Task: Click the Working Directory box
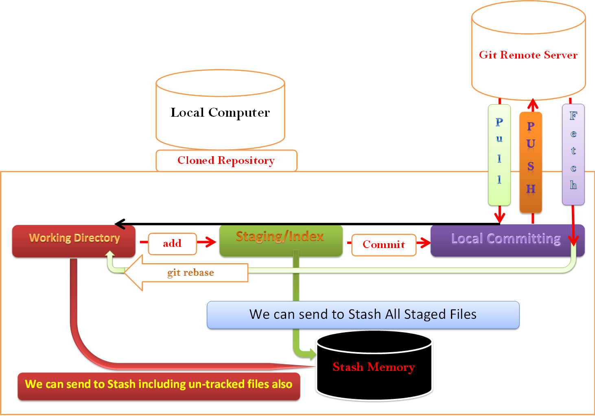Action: point(74,241)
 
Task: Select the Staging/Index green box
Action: point(280,240)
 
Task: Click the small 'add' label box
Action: point(172,244)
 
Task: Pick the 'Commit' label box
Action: point(383,245)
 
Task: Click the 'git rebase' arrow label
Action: point(190,272)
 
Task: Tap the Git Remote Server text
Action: point(528,55)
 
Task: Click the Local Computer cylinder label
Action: point(220,113)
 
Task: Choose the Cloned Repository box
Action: point(226,161)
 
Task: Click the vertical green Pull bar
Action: point(499,155)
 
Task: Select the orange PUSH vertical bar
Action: point(531,163)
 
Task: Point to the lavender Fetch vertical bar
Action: point(573,155)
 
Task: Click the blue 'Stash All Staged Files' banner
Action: point(363,315)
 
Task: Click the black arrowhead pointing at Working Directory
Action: point(119,224)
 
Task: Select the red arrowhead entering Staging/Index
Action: point(210,242)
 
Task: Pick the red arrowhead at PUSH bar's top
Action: point(533,103)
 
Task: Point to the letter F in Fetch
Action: point(573,116)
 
